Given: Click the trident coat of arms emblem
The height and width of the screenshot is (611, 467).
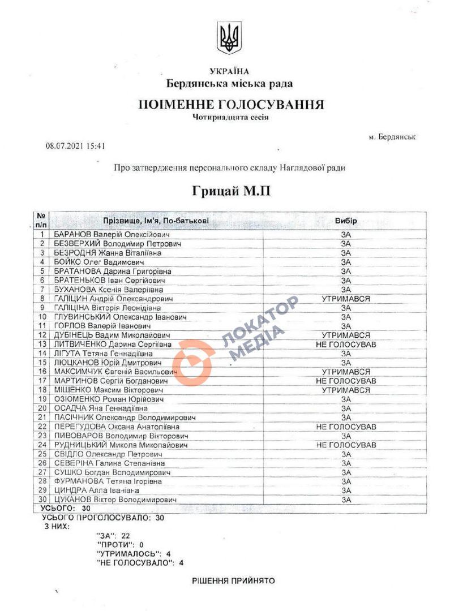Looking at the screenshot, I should coord(229,38).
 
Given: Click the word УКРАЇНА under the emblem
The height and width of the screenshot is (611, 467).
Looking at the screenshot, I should coord(229,71).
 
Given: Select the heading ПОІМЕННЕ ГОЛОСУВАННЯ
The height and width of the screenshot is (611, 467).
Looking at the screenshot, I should coord(232,105).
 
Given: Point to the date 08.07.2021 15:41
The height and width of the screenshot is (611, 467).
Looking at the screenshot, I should coord(76,145).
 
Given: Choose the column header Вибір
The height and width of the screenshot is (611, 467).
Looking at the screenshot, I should coord(346,220).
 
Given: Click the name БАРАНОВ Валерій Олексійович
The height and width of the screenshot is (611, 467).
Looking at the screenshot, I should coord(112,234).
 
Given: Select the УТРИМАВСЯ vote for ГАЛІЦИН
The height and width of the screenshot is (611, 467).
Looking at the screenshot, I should coord(346,299).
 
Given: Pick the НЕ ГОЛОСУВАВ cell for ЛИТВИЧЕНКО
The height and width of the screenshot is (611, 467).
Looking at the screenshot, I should coord(346,345).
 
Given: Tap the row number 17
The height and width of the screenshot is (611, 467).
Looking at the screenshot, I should coord(41,381).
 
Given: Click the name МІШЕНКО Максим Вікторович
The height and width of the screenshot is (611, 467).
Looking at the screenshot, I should coord(108,390).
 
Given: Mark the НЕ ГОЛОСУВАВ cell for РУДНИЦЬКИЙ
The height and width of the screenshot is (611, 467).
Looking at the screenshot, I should coord(346,445).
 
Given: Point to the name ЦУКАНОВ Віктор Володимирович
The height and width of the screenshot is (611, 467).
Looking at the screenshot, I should coord(115,500).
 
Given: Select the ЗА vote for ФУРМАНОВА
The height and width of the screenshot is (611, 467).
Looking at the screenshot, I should coord(346,481).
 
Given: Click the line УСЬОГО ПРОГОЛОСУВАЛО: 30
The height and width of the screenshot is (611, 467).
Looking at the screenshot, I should coord(103,518).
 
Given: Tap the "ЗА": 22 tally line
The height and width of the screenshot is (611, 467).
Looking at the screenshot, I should coord(114,535).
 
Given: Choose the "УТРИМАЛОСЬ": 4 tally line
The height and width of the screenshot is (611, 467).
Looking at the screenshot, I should coord(134,553).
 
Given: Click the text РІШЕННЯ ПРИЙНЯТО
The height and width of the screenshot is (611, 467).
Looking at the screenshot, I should coord(233,581).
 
